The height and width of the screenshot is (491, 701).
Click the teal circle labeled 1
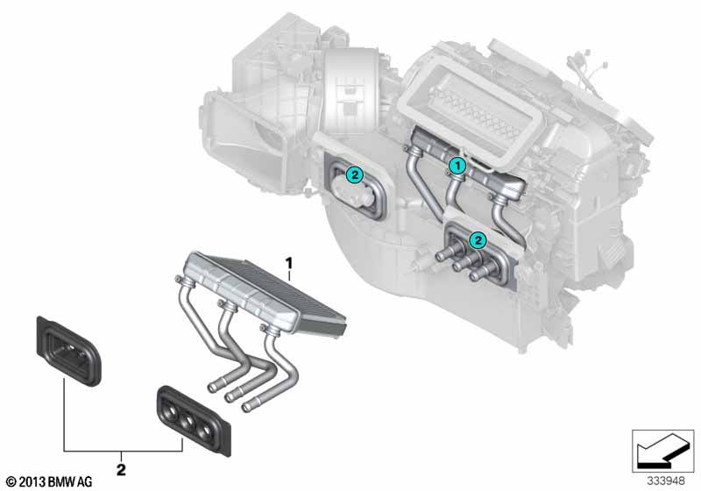(x=457, y=166)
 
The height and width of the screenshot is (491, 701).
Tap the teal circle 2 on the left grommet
(x=355, y=174)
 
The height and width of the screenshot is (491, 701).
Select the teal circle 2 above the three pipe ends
(x=478, y=240)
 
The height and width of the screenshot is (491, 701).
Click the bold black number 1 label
(x=289, y=263)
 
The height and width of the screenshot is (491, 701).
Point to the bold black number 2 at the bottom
(x=121, y=470)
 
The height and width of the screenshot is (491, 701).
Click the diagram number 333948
(x=666, y=481)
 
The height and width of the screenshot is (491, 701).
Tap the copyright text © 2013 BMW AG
(x=49, y=481)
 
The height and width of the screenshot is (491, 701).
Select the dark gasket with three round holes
(x=194, y=421)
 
